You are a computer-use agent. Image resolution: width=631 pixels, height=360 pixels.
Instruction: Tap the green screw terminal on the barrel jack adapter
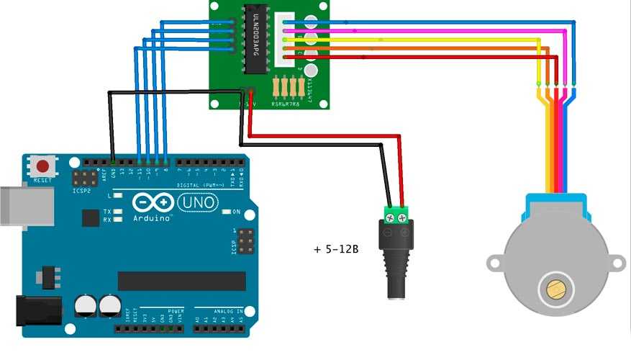click(x=397, y=214)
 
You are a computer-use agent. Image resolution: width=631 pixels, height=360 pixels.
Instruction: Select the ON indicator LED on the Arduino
click(x=226, y=212)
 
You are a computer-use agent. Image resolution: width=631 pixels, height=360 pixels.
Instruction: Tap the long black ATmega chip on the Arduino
click(x=181, y=281)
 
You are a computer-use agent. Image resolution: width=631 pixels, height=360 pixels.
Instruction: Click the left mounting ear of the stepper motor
click(x=494, y=263)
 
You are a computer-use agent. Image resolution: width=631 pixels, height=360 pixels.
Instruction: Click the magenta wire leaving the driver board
click(x=432, y=31)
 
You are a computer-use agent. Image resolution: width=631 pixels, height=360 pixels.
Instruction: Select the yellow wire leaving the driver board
click(x=432, y=40)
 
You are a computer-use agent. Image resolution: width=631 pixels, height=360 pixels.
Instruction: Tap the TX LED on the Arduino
click(x=117, y=212)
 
